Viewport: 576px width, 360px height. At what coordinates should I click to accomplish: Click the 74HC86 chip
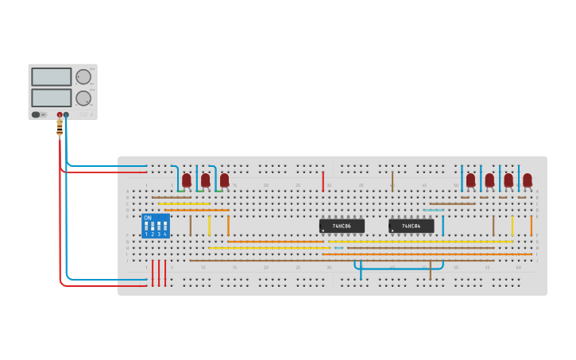(x=342, y=226)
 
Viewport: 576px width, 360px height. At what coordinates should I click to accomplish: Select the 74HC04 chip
(x=411, y=226)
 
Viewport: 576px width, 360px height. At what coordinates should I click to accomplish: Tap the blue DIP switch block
(x=156, y=226)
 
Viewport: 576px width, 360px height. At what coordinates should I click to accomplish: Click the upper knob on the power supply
(x=83, y=76)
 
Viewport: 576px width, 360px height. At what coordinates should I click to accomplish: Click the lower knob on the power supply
(x=83, y=98)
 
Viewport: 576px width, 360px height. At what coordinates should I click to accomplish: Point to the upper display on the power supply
(x=51, y=76)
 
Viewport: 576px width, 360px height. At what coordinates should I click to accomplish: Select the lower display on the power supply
(x=51, y=98)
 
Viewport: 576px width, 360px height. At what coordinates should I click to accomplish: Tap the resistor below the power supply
(x=60, y=127)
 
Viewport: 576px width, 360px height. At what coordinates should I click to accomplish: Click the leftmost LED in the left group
(x=187, y=180)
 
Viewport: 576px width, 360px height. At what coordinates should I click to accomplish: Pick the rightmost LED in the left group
(x=224, y=180)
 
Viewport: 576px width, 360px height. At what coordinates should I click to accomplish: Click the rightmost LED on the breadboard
(x=528, y=180)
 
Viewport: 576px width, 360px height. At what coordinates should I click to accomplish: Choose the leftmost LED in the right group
(x=470, y=180)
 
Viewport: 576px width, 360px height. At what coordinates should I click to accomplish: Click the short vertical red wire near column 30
(x=323, y=181)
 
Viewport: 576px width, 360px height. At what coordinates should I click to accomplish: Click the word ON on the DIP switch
(x=148, y=218)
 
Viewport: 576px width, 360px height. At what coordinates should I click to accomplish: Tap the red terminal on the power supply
(x=60, y=114)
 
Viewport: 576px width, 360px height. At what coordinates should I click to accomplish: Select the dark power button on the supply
(x=36, y=114)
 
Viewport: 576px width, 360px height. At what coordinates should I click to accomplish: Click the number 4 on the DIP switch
(x=164, y=234)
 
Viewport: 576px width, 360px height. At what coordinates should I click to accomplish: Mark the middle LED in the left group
(x=206, y=180)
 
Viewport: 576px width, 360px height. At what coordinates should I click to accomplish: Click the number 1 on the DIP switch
(x=146, y=234)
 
